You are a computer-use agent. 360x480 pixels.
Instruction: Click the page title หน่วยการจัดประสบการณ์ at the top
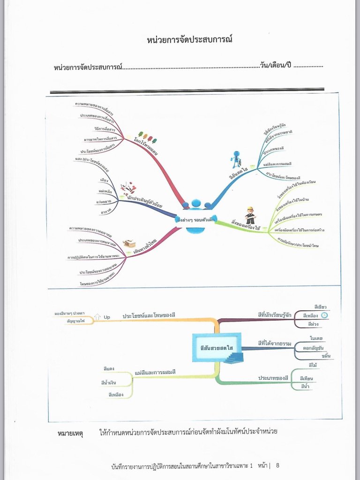pos(189,40)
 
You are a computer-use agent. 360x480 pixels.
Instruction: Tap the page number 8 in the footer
pos(277,465)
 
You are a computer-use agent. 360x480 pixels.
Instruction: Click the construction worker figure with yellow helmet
pos(250,215)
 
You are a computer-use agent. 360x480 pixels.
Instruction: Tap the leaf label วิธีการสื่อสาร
pos(104,127)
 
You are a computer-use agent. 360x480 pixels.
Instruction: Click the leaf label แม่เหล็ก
pos(105,191)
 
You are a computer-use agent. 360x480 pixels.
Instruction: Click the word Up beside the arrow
pos(107,317)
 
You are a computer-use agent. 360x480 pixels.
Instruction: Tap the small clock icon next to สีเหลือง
pos(324,315)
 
